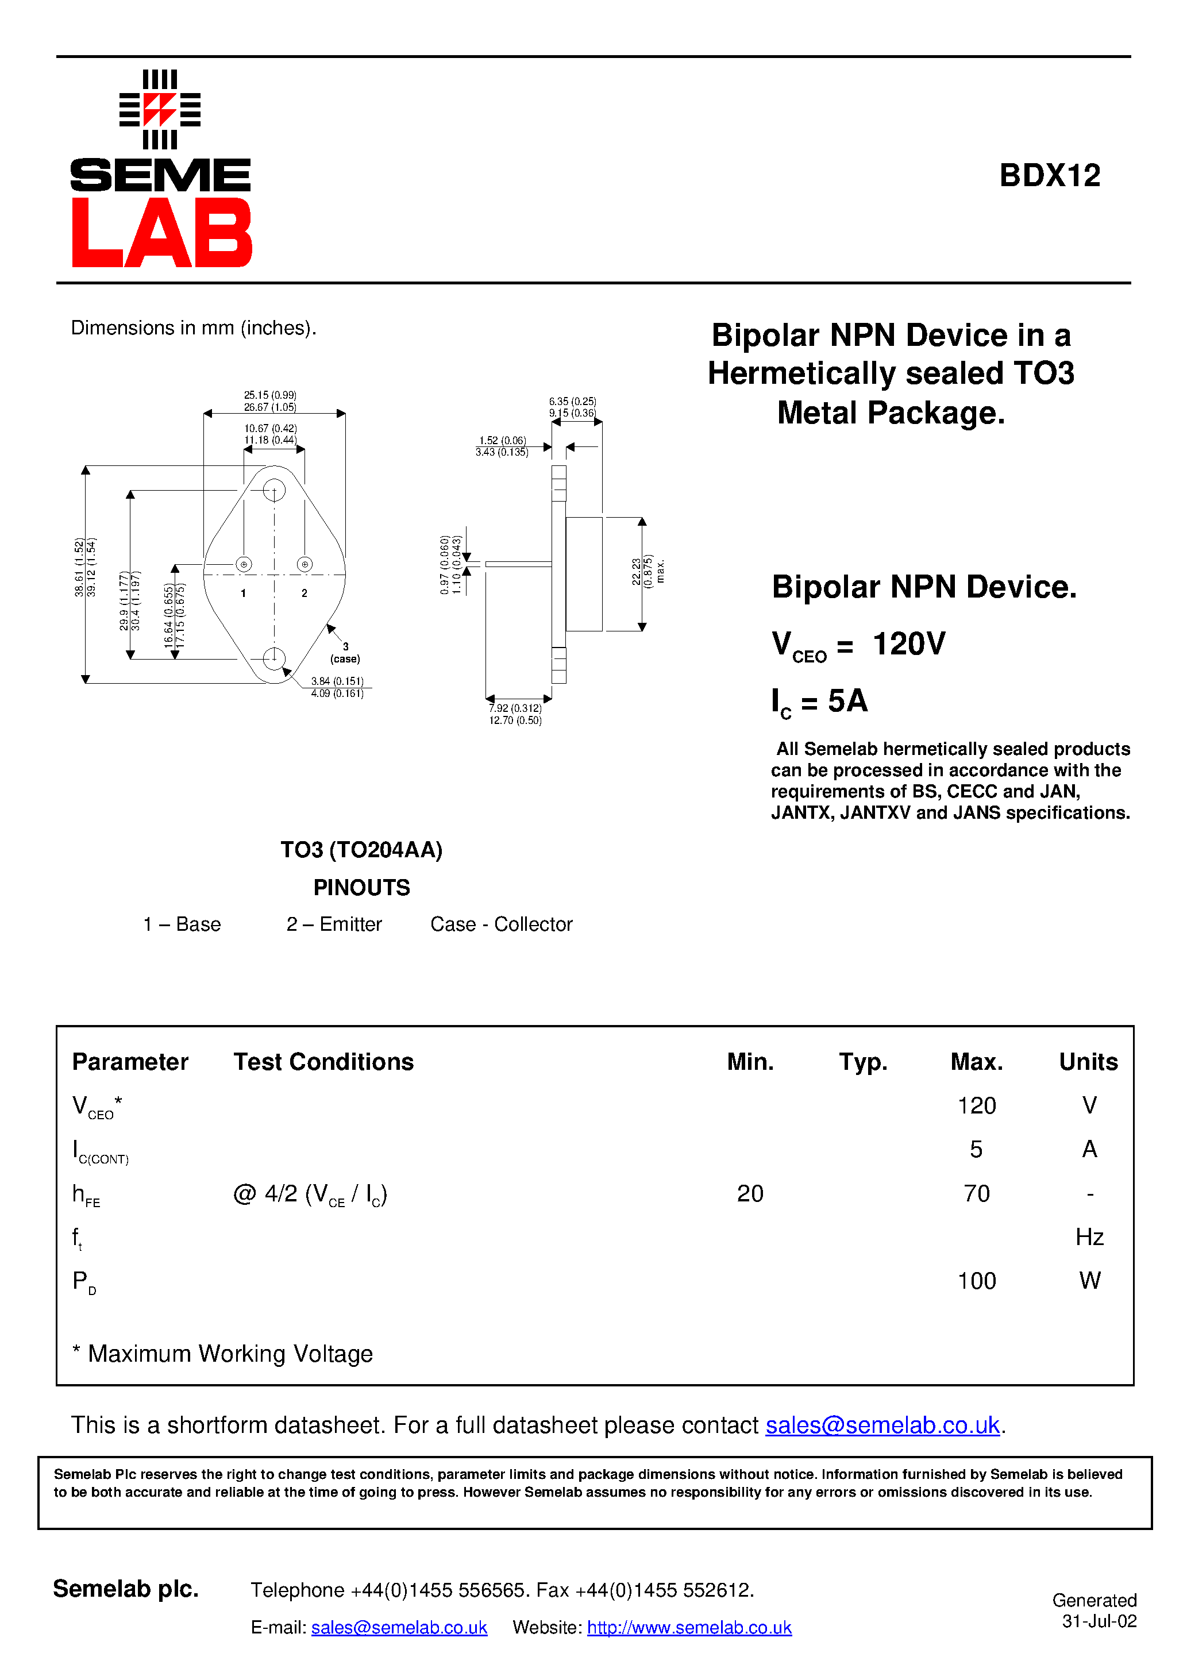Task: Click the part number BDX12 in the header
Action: point(1050,176)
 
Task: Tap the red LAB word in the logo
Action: point(161,233)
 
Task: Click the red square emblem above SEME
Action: point(160,110)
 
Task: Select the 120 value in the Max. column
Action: point(976,1105)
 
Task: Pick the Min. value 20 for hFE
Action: point(750,1193)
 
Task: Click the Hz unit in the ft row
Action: point(1089,1238)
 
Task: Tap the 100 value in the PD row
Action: point(976,1281)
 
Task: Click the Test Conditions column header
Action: point(323,1062)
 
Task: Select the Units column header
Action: point(1088,1062)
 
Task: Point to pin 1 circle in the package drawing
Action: point(244,564)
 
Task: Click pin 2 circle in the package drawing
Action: point(305,564)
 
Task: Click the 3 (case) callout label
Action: point(345,653)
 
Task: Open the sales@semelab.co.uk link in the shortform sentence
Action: point(882,1425)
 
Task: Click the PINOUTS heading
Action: point(361,888)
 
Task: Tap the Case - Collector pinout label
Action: point(502,924)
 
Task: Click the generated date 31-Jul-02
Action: point(1099,1621)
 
